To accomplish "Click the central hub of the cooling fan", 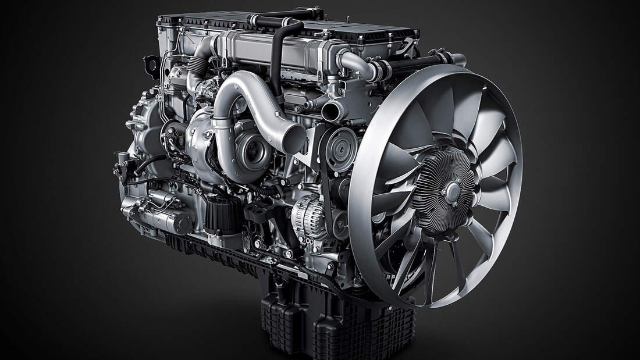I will pos(451,188).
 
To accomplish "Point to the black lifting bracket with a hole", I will pos(151,63).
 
